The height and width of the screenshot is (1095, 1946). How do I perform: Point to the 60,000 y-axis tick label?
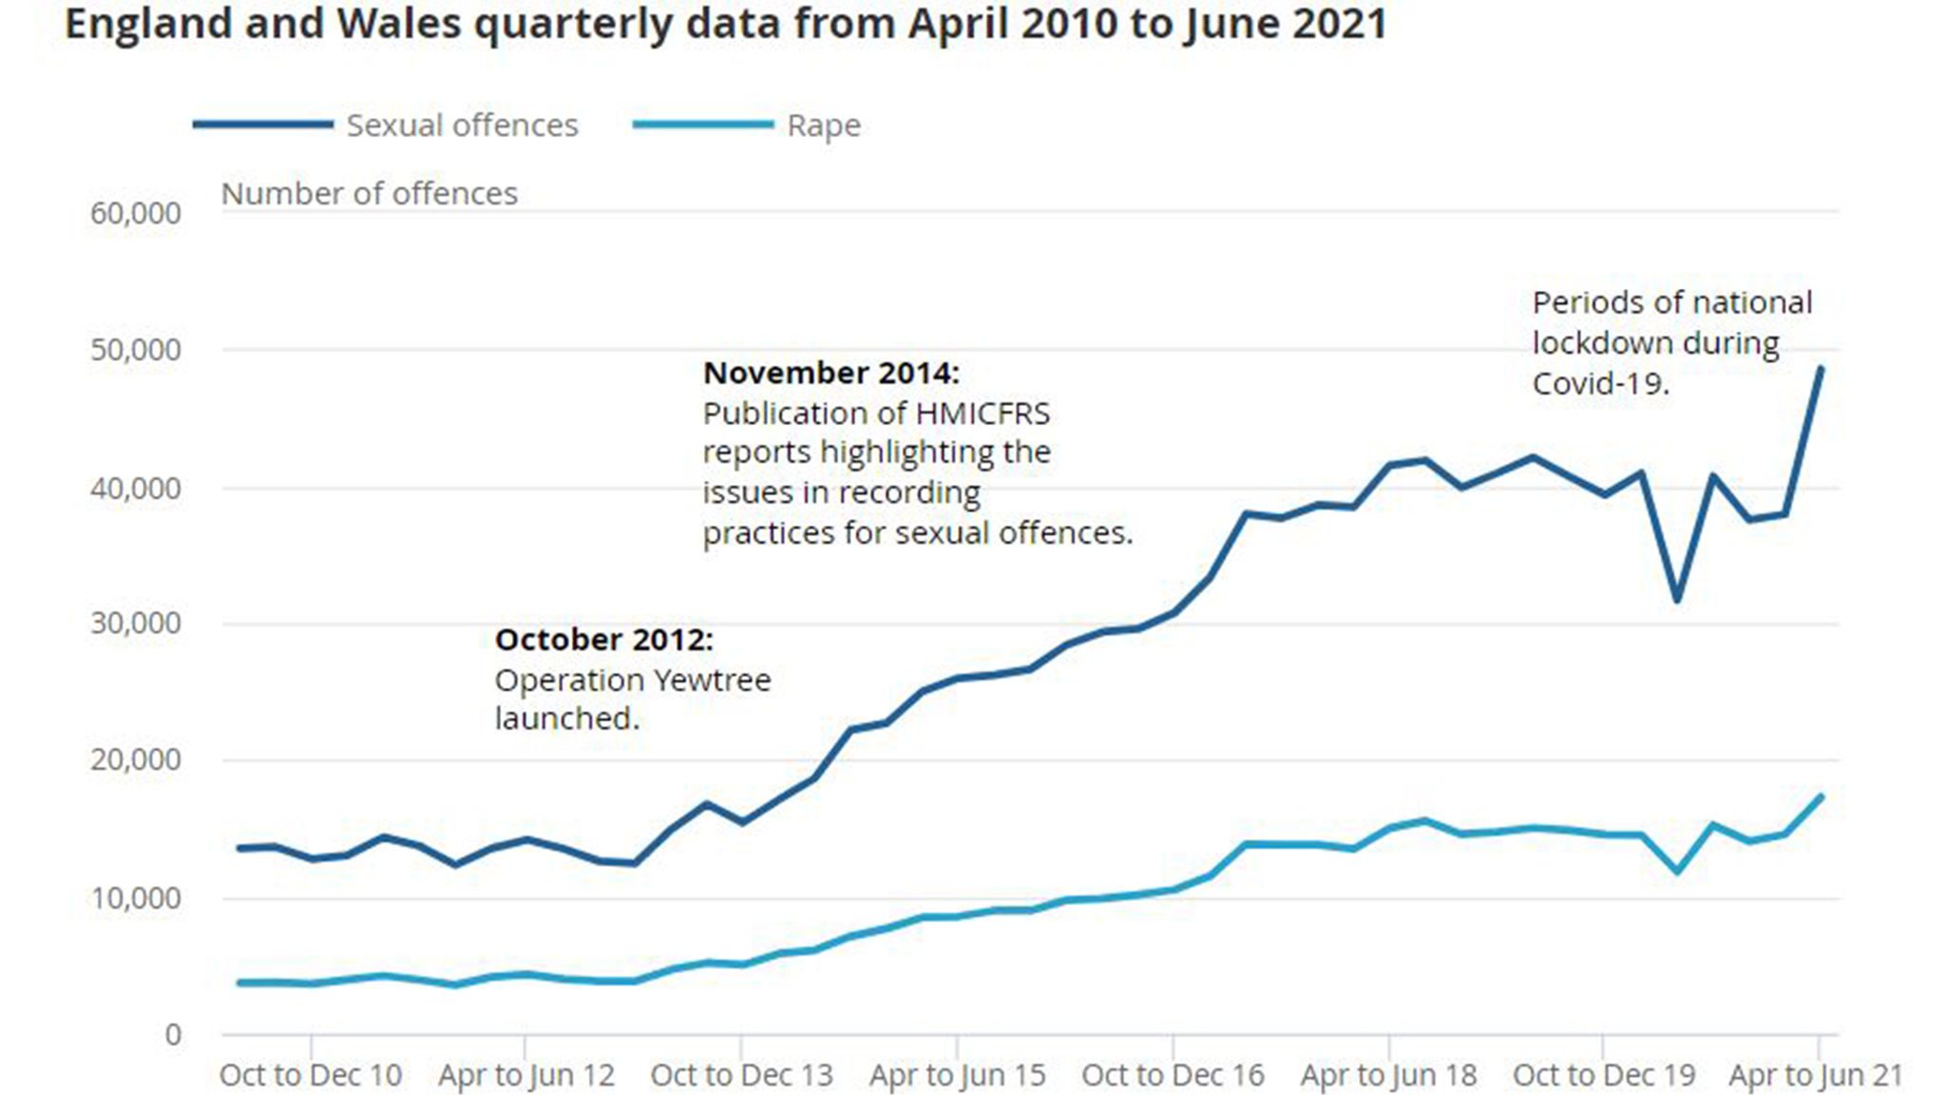(136, 213)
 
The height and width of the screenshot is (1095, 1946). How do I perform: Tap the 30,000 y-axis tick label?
(136, 624)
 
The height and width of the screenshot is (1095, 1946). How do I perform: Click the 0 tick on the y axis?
(173, 1034)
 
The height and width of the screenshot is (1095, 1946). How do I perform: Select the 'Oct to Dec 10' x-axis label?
(311, 1075)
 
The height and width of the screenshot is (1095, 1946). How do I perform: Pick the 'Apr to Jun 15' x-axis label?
(957, 1075)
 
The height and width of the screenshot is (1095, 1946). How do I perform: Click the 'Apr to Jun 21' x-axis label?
(1816, 1075)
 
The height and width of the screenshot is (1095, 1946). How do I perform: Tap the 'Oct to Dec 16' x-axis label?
(1173, 1075)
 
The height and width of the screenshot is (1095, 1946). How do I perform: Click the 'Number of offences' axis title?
(369, 194)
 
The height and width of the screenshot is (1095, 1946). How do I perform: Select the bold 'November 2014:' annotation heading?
(831, 373)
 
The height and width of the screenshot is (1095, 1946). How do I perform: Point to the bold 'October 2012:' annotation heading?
(603, 640)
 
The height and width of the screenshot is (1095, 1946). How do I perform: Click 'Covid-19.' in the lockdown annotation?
(1600, 383)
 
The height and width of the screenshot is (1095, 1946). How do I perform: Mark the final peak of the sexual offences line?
(1821, 368)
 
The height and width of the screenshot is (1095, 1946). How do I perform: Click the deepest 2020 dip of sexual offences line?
(1677, 600)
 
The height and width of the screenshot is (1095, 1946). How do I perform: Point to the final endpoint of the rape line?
(1821, 797)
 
